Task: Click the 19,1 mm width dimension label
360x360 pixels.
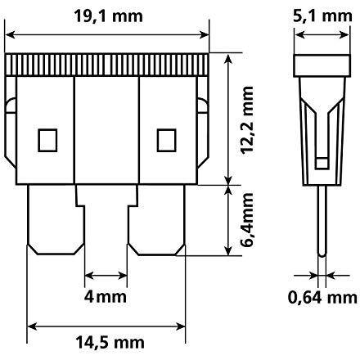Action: pos(109,16)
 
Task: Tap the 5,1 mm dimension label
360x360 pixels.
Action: pos(322,16)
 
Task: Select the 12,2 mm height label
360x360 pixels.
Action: pos(247,120)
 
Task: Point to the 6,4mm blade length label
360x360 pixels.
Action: pos(247,220)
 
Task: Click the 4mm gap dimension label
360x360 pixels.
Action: pos(106,296)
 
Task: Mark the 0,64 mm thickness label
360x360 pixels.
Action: pos(322,297)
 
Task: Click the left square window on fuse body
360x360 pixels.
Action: pos(47,140)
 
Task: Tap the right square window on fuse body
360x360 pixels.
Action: pos(166,140)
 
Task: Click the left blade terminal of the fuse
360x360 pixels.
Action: pos(56,219)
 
